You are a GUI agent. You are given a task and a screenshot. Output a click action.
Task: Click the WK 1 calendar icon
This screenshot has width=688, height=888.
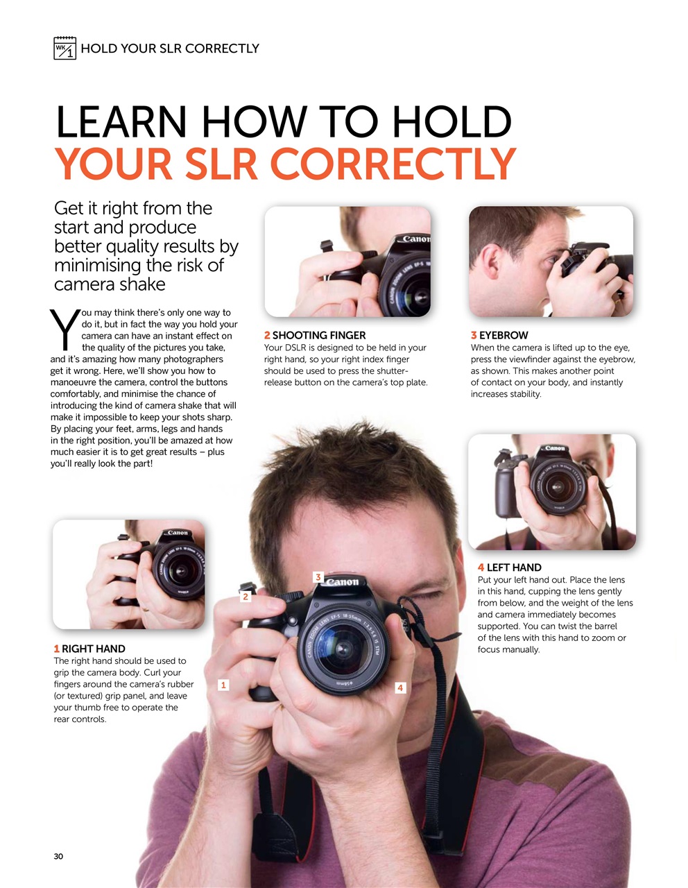64,48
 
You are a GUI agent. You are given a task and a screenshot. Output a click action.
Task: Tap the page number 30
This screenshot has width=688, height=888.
58,856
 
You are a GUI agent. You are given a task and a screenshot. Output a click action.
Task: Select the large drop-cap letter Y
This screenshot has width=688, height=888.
64,330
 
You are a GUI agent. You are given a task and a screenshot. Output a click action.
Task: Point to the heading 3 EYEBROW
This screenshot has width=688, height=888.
499,335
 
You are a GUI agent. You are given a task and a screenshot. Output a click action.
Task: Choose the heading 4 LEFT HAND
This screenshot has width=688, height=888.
509,567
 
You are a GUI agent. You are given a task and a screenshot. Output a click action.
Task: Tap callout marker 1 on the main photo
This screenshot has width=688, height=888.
223,685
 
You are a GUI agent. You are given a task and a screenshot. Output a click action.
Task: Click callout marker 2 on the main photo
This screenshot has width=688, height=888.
245,596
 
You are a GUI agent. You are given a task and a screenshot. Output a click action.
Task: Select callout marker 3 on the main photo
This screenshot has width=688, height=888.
318,577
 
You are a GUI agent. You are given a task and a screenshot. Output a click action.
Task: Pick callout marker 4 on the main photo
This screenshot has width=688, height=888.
399,688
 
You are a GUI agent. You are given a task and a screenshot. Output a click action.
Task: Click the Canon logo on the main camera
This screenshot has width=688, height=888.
342,582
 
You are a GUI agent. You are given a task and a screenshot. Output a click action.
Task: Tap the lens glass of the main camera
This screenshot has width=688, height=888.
342,649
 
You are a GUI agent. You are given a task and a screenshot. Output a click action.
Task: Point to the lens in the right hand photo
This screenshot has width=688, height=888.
179,571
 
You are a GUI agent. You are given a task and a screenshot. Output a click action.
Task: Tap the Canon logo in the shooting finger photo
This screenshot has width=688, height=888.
416,239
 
